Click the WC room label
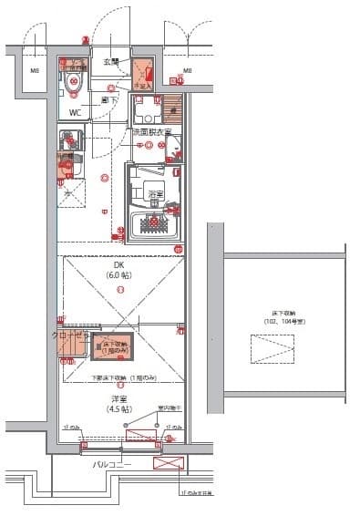pos(75,114)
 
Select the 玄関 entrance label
pos(110,62)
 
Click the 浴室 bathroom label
pos(154,194)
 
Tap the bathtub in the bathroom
pos(155,223)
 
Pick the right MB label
pos(187,70)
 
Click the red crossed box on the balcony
pos(169,465)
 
